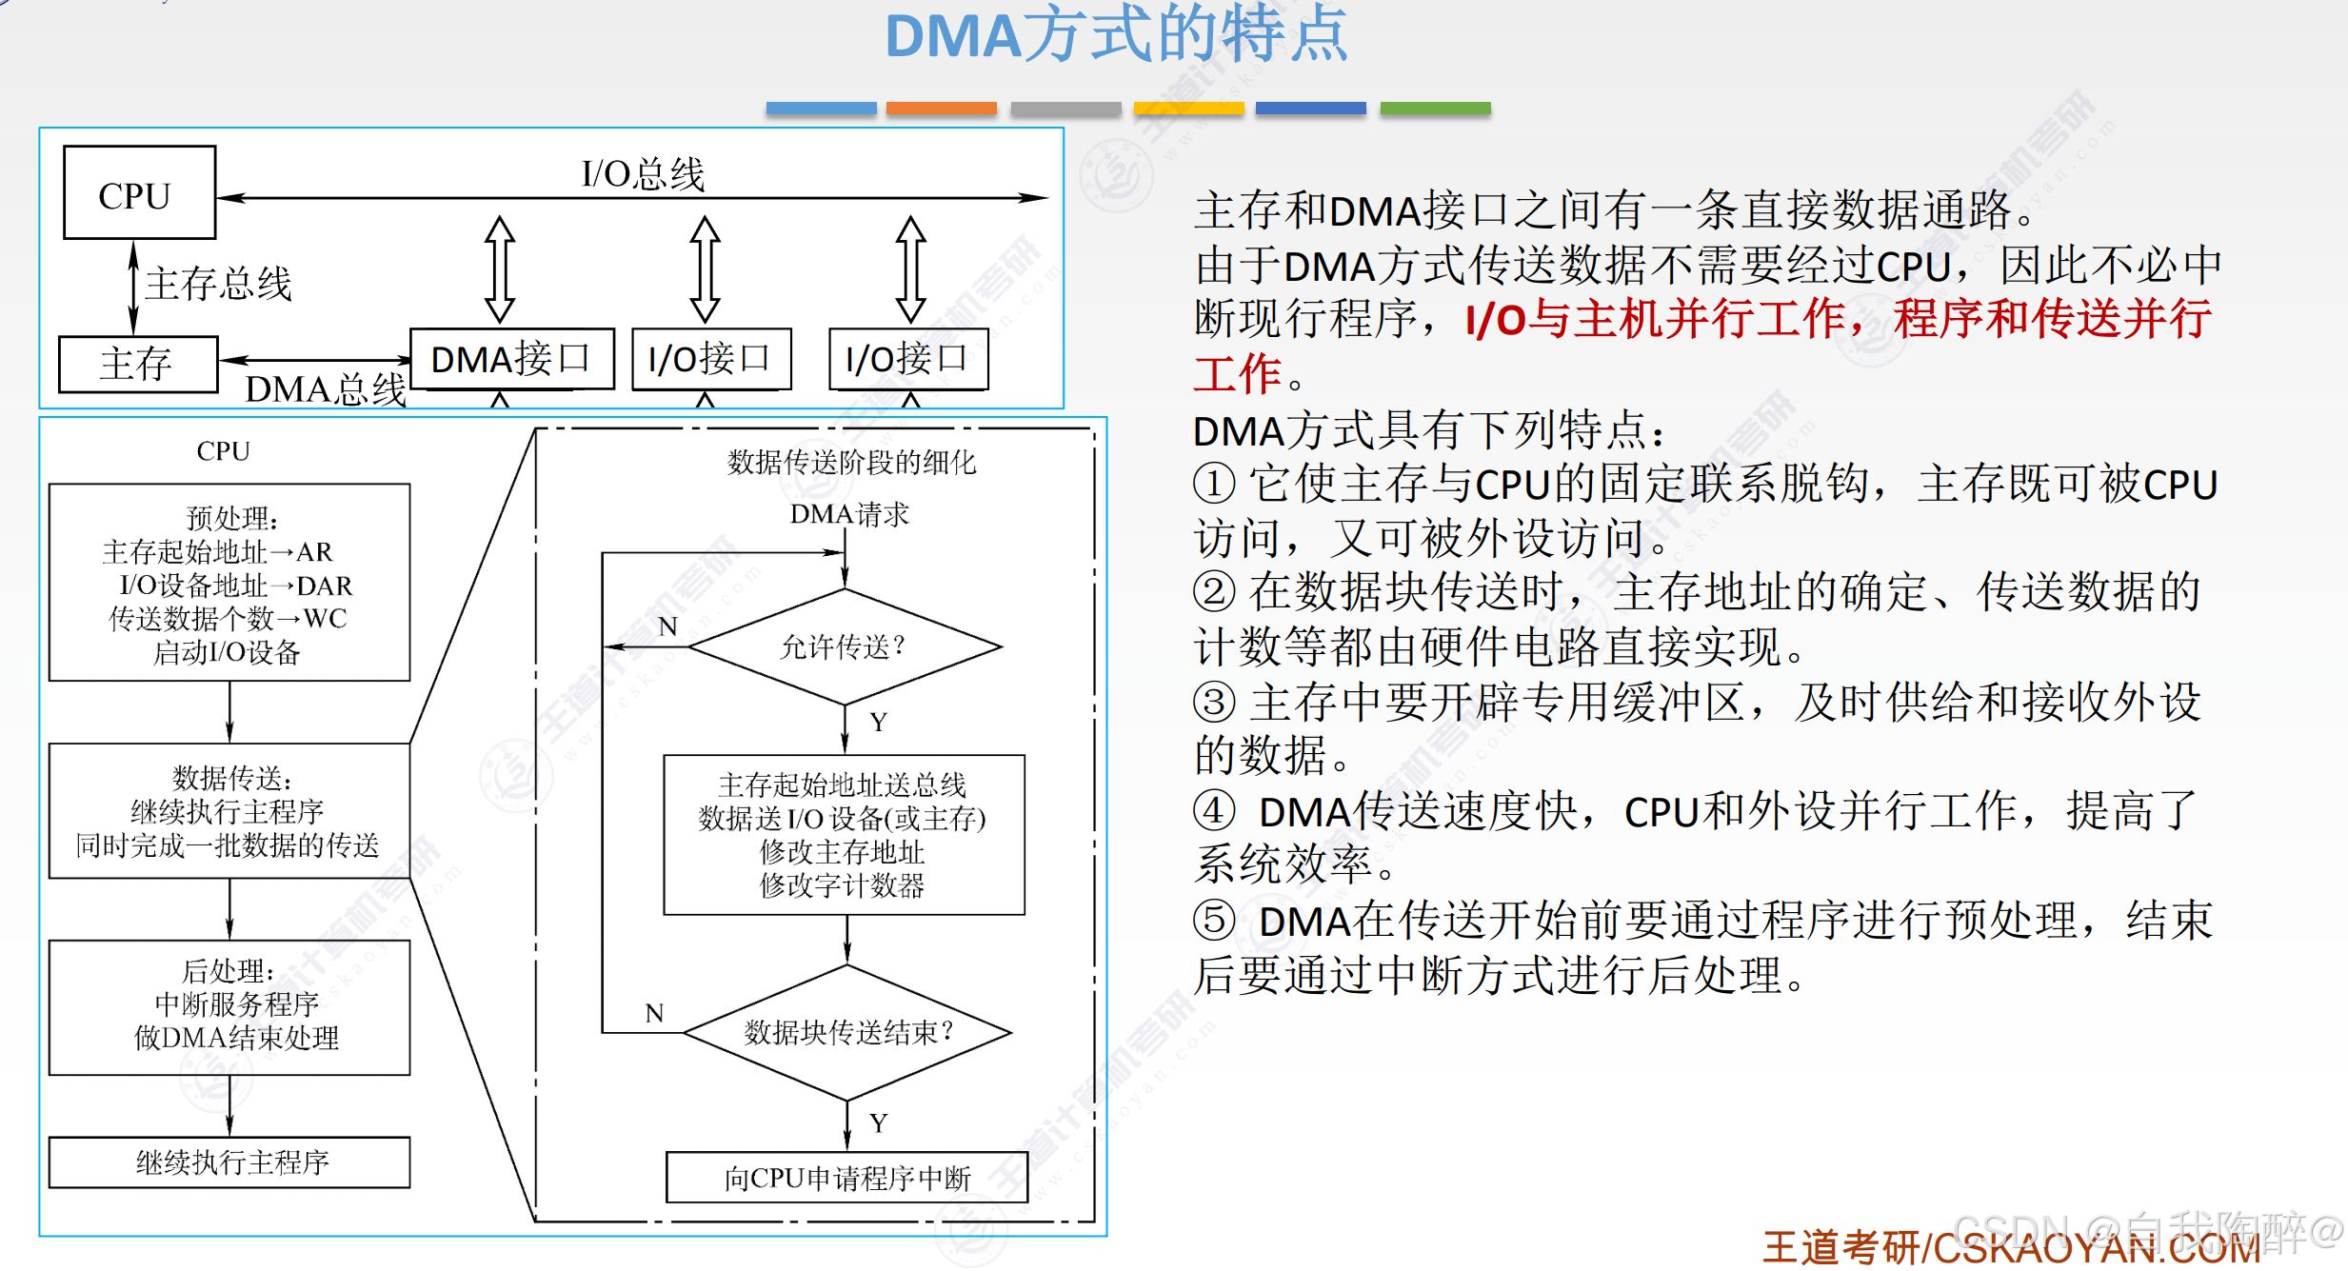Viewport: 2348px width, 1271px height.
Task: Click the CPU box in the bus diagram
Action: (x=139, y=193)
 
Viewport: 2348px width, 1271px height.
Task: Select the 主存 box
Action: (x=138, y=364)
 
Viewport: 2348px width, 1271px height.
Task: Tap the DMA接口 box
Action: (x=511, y=359)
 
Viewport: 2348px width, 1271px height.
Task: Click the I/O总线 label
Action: (x=643, y=174)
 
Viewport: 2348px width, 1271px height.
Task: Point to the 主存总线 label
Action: (x=218, y=284)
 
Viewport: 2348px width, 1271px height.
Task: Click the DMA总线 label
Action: (x=326, y=389)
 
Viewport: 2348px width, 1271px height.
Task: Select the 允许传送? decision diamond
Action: (x=844, y=647)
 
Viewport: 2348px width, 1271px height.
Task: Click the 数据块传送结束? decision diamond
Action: (x=847, y=1032)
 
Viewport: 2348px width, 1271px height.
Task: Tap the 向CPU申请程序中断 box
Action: (x=846, y=1178)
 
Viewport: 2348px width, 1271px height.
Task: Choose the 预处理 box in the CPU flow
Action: (x=229, y=583)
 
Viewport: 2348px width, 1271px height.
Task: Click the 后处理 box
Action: (x=229, y=1007)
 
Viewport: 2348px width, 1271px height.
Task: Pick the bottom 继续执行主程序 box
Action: (x=229, y=1162)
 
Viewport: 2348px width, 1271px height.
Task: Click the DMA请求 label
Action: (x=849, y=515)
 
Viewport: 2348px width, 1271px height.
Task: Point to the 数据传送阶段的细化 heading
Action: (x=851, y=463)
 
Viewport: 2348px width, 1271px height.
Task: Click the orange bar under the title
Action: (x=941, y=109)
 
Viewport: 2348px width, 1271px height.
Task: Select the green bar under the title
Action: (x=1435, y=109)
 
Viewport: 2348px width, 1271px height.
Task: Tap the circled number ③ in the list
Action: (x=1214, y=703)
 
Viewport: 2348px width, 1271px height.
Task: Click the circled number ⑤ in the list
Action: (x=1214, y=921)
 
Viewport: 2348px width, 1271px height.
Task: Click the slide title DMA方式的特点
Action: (x=1116, y=36)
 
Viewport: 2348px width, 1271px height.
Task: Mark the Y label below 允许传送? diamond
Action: (x=879, y=723)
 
